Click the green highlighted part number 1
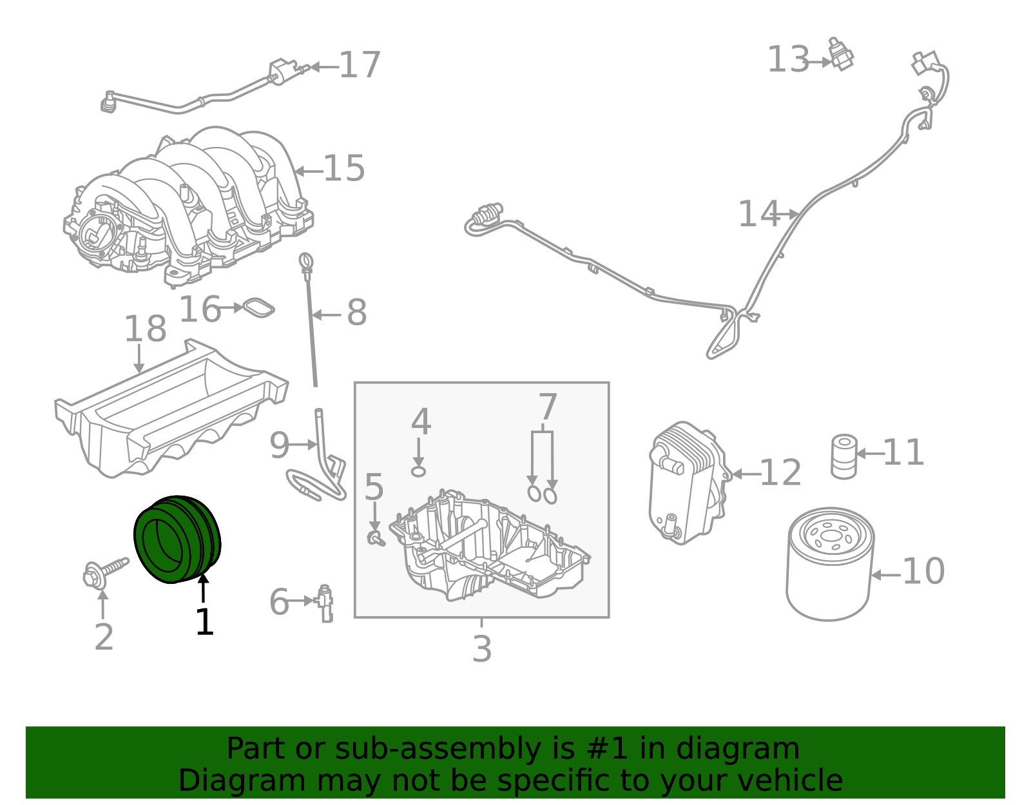click(177, 539)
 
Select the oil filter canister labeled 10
click(830, 565)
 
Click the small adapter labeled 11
click(843, 456)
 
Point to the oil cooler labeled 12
click(687, 483)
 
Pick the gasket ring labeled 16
click(258, 308)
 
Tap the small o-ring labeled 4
click(419, 471)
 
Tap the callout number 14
click(758, 214)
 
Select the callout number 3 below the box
click(482, 649)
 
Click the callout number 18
click(145, 329)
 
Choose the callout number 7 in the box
click(547, 407)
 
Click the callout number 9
click(280, 445)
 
